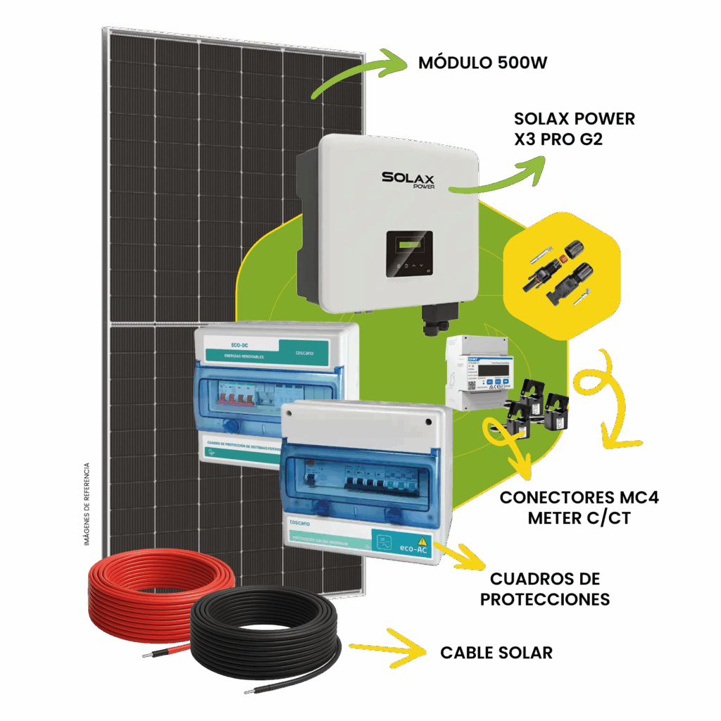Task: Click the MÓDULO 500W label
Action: pos(482,63)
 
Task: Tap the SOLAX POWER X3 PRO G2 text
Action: pos(574,128)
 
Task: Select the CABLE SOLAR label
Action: pos(496,653)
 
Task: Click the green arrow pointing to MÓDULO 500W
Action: pos(359,70)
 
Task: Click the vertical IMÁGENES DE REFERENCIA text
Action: pos(87,503)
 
